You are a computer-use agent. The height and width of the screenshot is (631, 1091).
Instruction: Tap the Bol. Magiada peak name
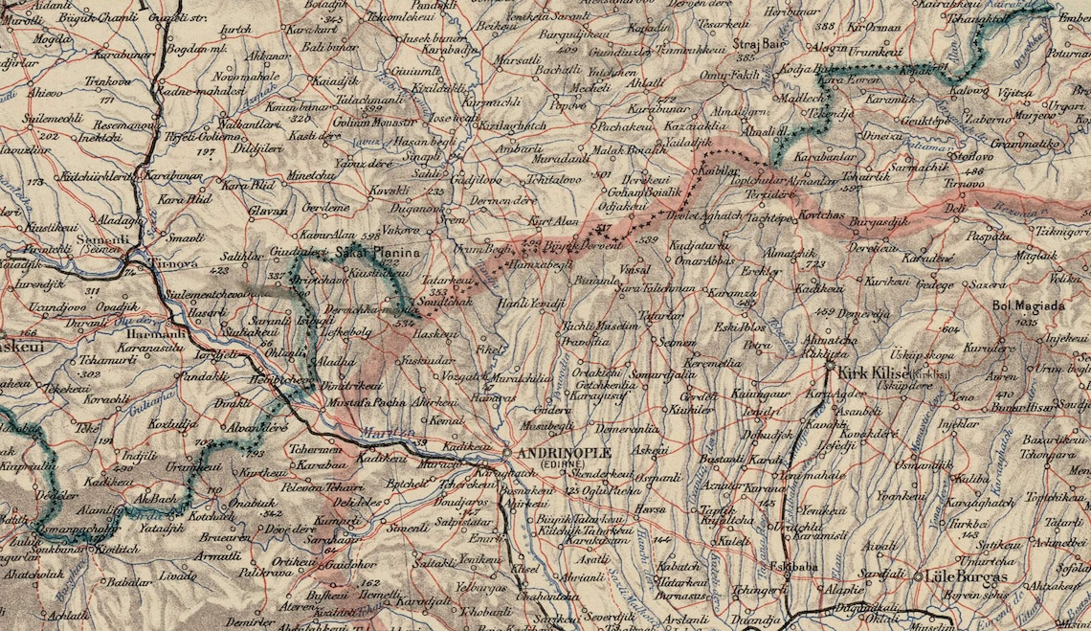1028,307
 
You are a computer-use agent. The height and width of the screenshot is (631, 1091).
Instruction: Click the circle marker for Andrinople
504,451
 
